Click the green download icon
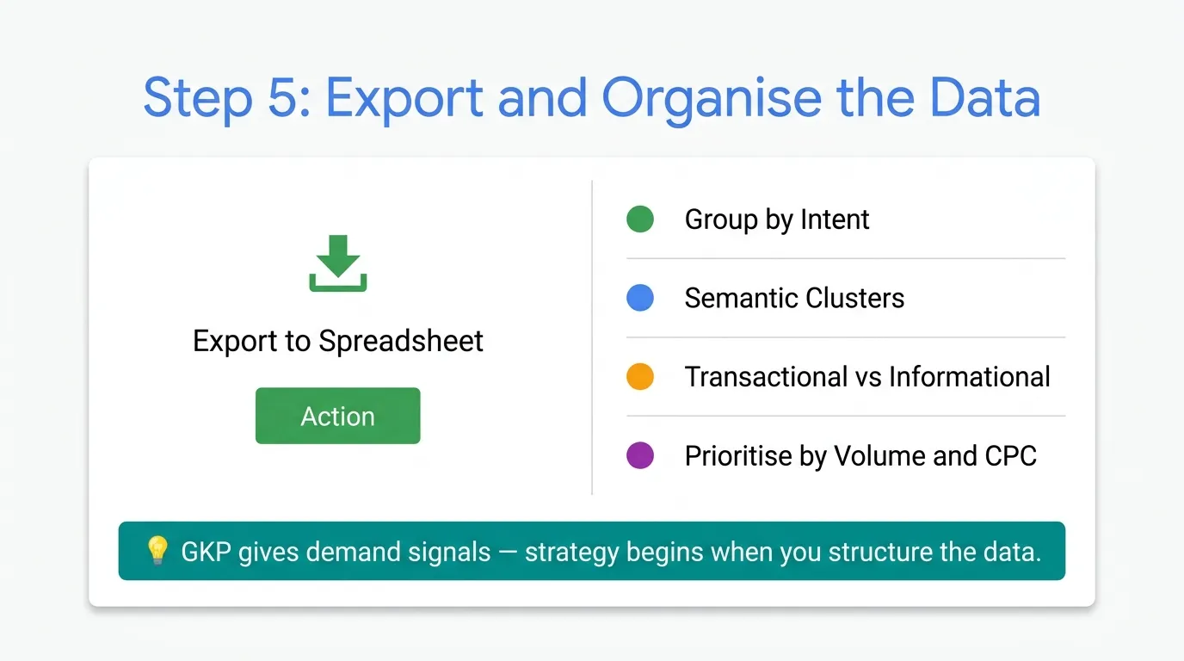pos(338,263)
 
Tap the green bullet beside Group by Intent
pos(640,219)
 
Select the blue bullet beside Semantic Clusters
pos(640,298)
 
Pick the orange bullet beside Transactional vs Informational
pos(640,376)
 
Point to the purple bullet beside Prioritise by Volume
pos(640,455)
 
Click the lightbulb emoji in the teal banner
pos(157,550)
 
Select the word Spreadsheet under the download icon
pos(401,341)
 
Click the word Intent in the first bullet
pos(835,219)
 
